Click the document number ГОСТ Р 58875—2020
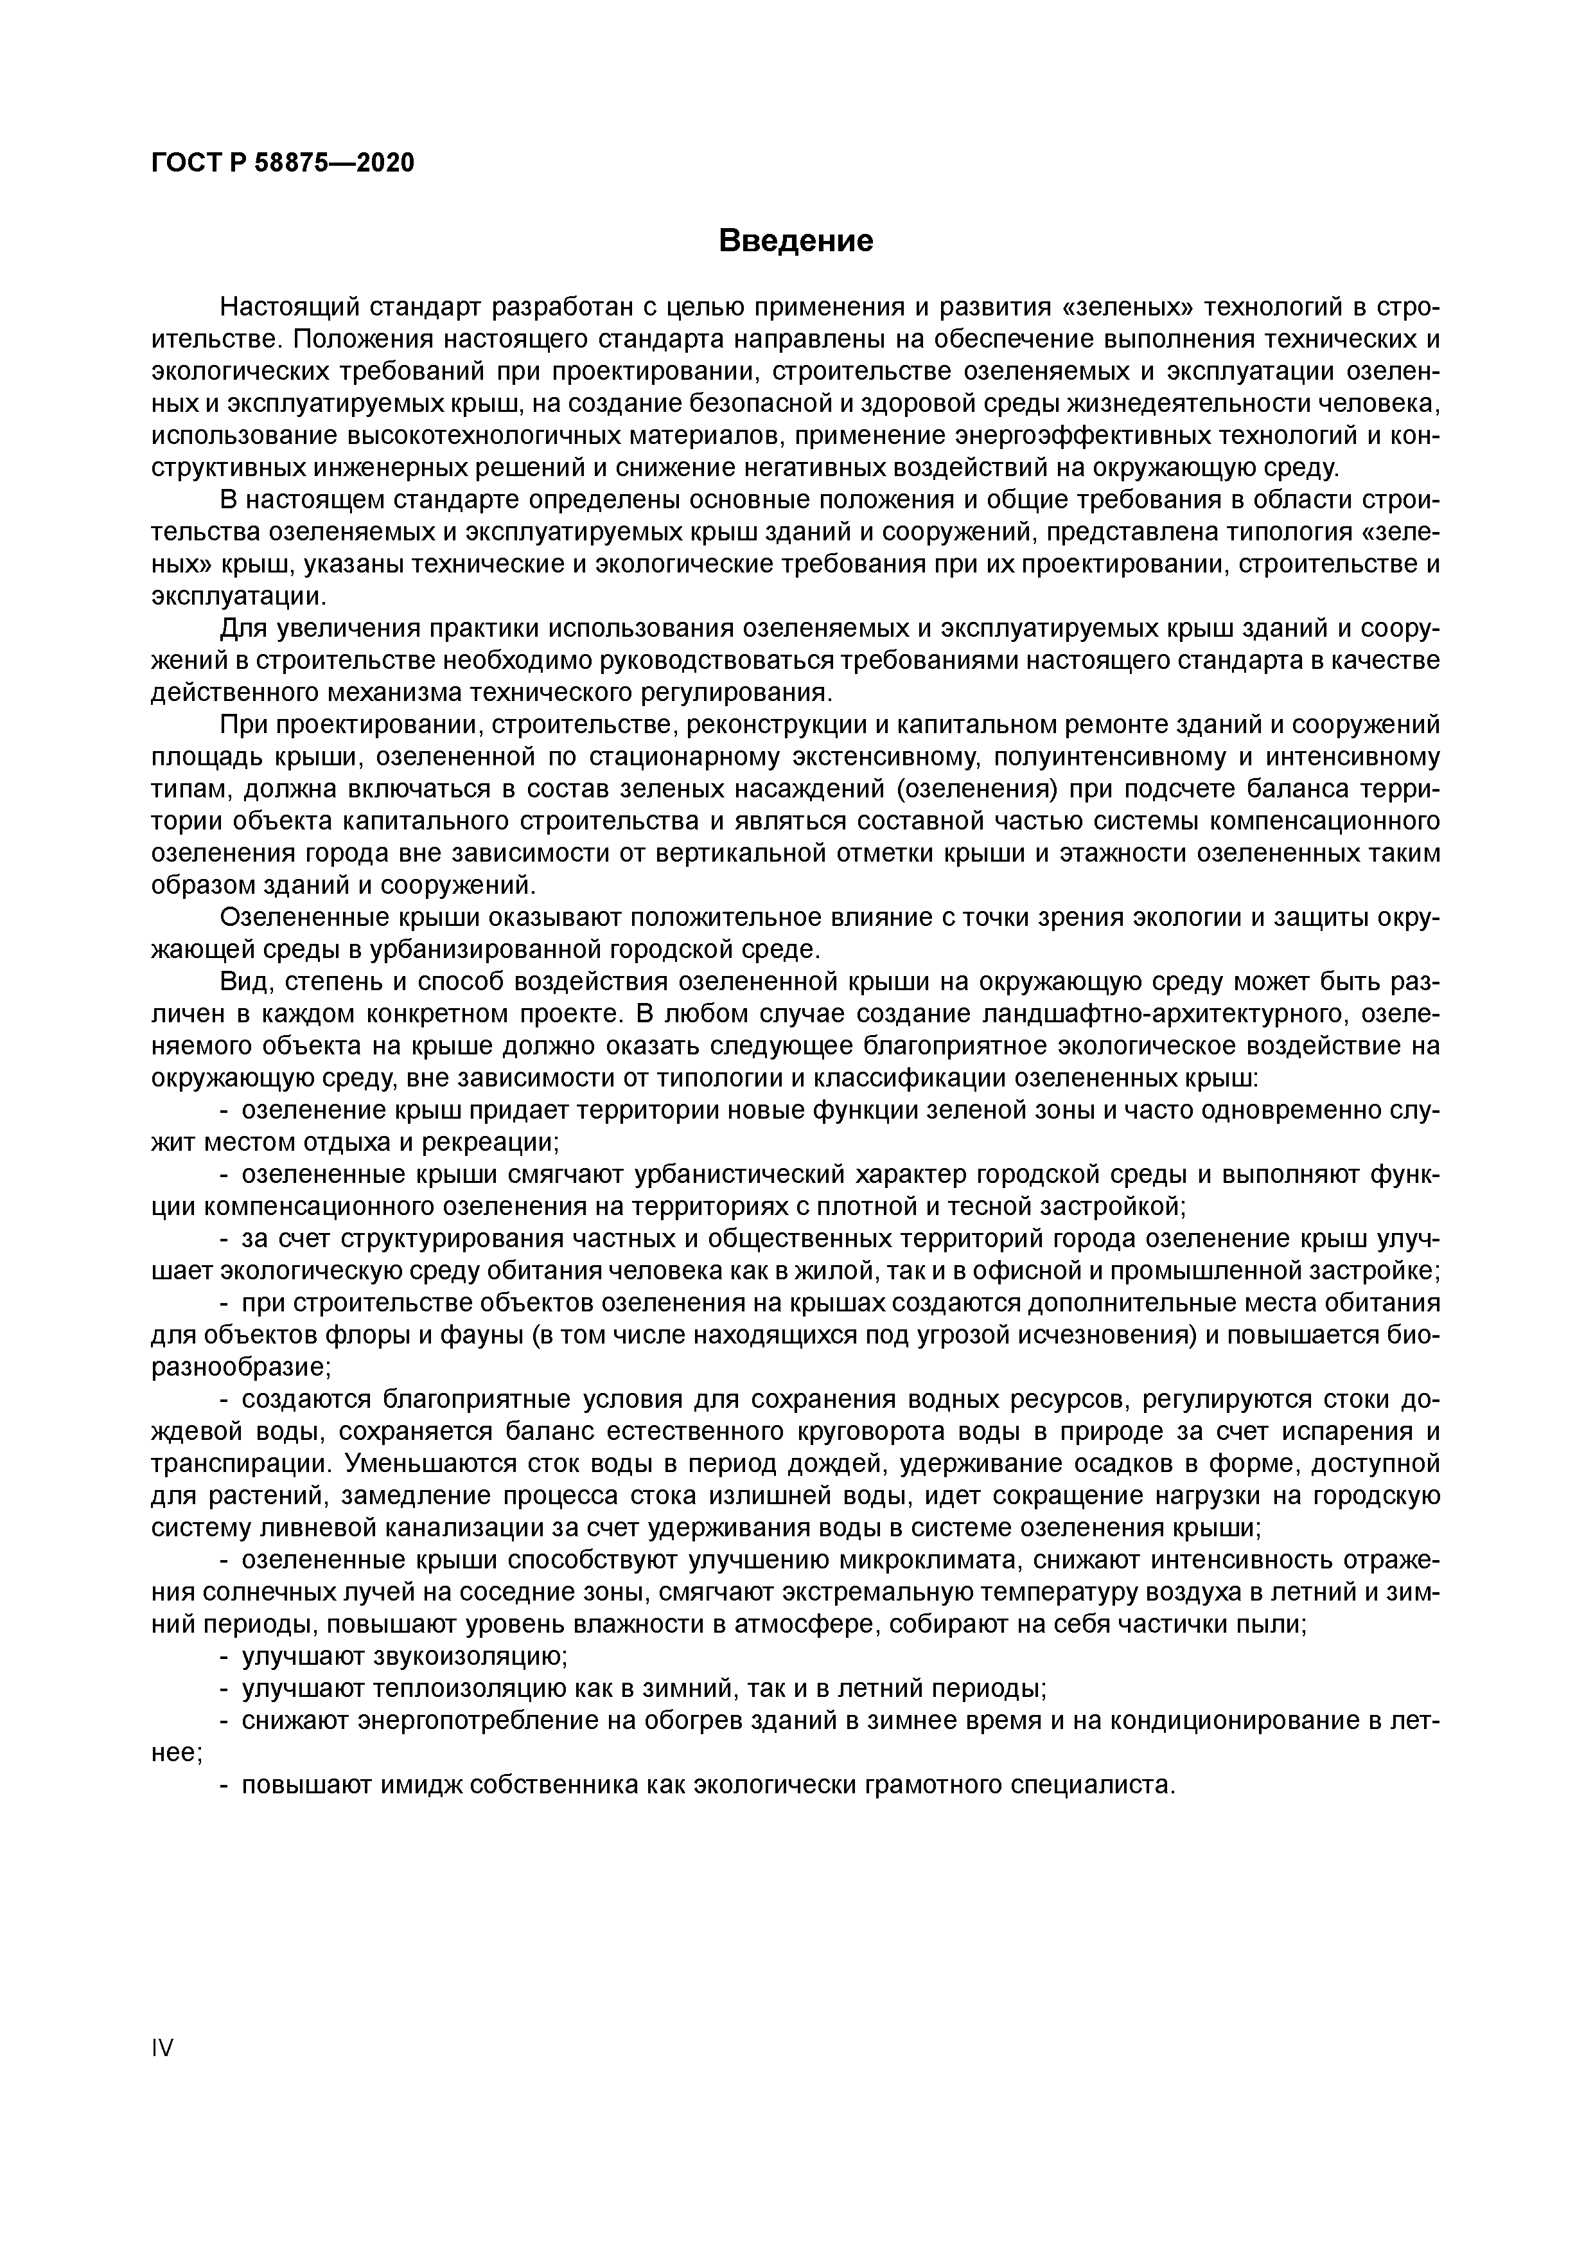pyautogui.click(x=284, y=163)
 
